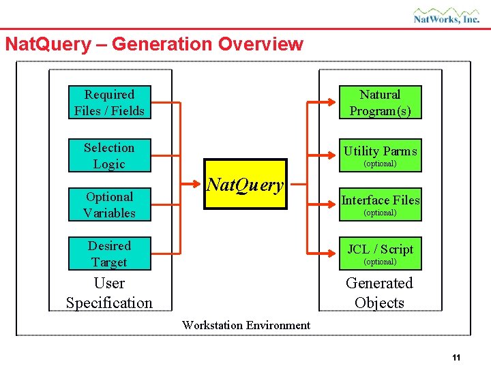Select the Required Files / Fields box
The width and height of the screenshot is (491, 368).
tap(109, 102)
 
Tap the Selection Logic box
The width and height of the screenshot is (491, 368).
tap(109, 155)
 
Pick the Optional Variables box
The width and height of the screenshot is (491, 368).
tap(109, 204)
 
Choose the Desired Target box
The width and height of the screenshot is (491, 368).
tap(109, 254)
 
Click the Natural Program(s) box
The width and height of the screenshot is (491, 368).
tap(380, 102)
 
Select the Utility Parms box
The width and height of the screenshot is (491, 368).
tap(380, 155)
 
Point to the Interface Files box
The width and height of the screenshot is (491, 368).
tap(380, 204)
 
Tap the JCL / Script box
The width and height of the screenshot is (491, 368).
tap(380, 254)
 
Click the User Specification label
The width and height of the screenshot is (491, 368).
tap(109, 293)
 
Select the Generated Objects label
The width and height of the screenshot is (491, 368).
tap(379, 293)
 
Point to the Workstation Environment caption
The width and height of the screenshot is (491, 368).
tap(245, 325)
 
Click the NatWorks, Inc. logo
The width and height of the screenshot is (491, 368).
tap(447, 16)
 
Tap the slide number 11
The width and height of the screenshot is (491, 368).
tap(456, 358)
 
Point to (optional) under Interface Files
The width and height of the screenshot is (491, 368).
tap(380, 213)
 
